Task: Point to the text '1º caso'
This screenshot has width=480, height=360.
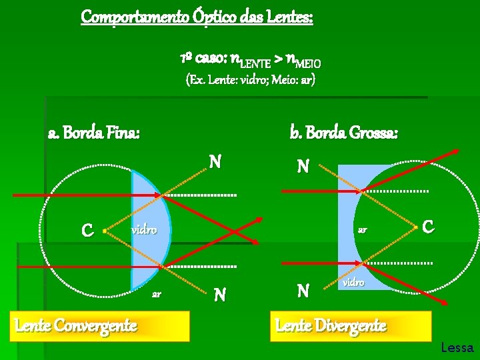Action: click(x=199, y=60)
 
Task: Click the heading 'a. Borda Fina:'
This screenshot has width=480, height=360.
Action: click(x=94, y=133)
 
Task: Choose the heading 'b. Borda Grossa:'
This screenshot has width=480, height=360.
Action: click(x=344, y=133)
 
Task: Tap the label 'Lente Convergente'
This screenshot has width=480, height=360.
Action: click(x=76, y=325)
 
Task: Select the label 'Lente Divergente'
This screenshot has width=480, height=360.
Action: click(x=331, y=325)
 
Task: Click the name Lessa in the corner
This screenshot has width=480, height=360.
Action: click(x=457, y=347)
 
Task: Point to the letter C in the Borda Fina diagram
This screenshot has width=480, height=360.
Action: click(x=87, y=231)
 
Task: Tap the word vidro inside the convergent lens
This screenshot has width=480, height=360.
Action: click(x=143, y=230)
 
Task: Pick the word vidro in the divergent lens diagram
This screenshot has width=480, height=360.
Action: click(x=353, y=283)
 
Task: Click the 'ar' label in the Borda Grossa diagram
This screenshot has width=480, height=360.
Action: click(x=363, y=230)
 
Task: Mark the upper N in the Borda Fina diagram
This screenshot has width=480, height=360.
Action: click(x=215, y=162)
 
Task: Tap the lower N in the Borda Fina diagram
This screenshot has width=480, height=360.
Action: click(x=218, y=294)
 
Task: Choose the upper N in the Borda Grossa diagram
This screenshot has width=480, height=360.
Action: click(x=303, y=166)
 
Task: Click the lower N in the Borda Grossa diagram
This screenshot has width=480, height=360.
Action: click(x=303, y=290)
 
